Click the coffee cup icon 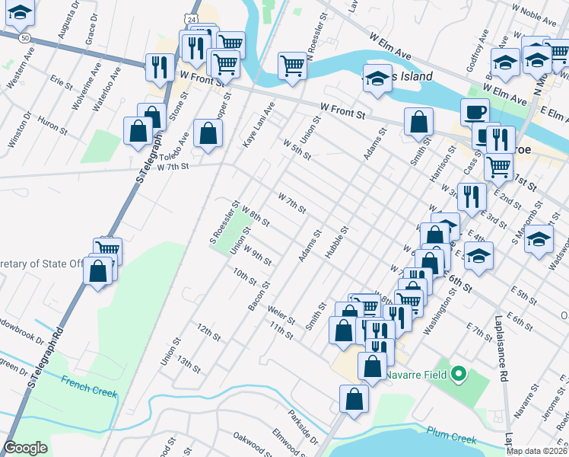tap(475, 111)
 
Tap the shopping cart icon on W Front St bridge tap(292, 66)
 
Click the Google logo tap(25, 448)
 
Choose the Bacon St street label tap(259, 296)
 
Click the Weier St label tap(281, 315)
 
